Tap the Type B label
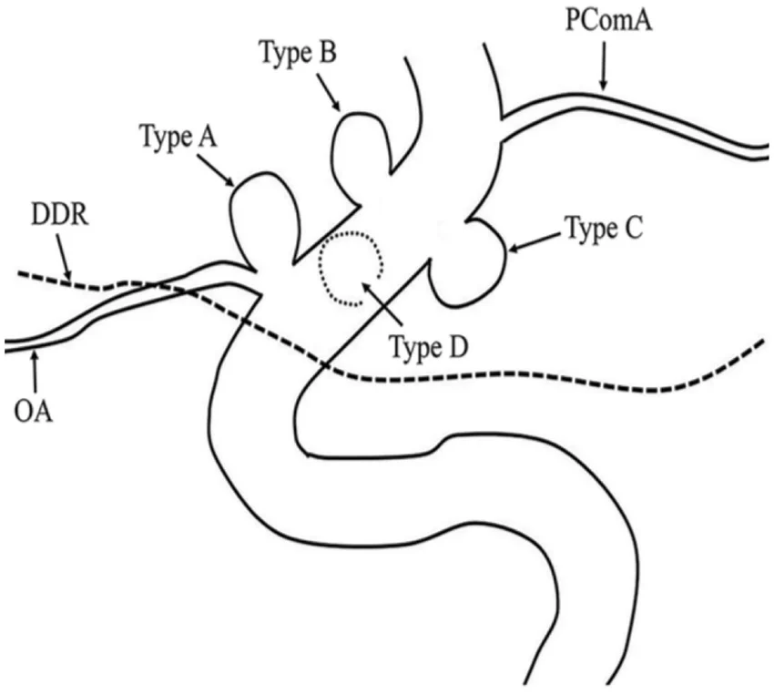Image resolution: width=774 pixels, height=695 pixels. point(298,53)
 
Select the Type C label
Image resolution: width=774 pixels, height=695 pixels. point(604,227)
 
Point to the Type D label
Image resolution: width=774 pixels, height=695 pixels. point(428,346)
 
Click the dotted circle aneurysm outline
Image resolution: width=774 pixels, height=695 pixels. point(350,271)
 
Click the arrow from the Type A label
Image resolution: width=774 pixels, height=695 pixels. point(215,169)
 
